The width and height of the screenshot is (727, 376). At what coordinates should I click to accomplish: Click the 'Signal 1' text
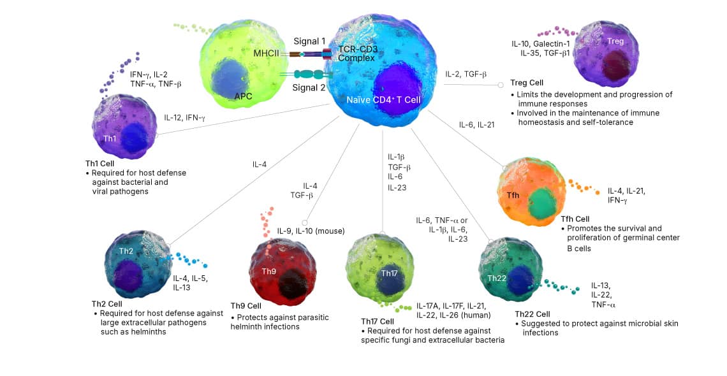(309, 41)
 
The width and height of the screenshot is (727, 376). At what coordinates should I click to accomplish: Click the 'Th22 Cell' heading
(532, 314)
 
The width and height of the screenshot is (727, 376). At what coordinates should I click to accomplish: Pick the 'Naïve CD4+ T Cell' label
(383, 100)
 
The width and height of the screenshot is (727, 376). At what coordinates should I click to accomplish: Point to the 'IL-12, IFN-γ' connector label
(185, 117)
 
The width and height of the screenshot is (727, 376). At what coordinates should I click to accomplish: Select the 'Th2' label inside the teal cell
(126, 250)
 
